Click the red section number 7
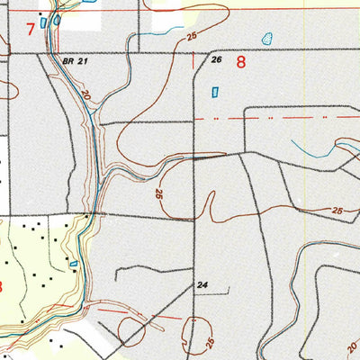[x=31, y=30]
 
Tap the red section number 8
[x=240, y=62]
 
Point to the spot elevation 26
[x=216, y=60]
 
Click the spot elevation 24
[x=202, y=285]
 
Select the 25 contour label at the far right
[x=337, y=210]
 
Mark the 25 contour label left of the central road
[x=158, y=193]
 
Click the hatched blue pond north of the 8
[x=265, y=39]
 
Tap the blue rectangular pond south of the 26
[x=214, y=92]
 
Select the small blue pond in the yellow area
[x=73, y=264]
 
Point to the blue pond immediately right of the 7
[x=56, y=19]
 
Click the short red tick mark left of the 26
[x=195, y=59]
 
